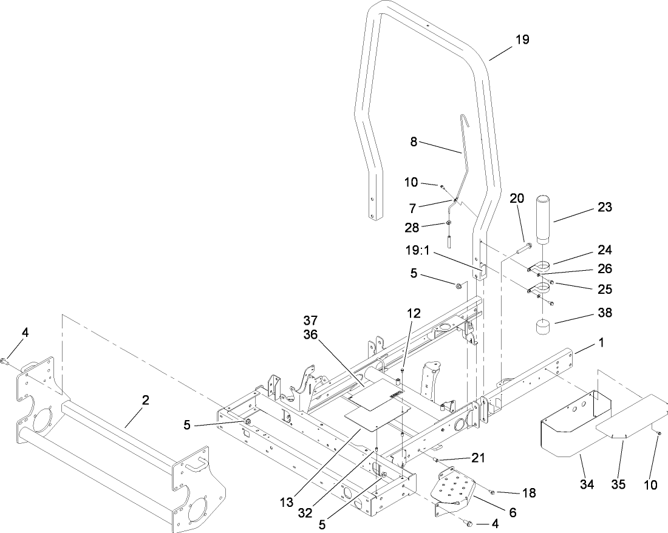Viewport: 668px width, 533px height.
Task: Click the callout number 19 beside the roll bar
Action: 522,39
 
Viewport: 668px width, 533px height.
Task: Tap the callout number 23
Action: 604,207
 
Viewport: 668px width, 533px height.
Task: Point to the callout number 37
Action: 310,320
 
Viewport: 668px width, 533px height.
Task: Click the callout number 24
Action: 604,250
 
